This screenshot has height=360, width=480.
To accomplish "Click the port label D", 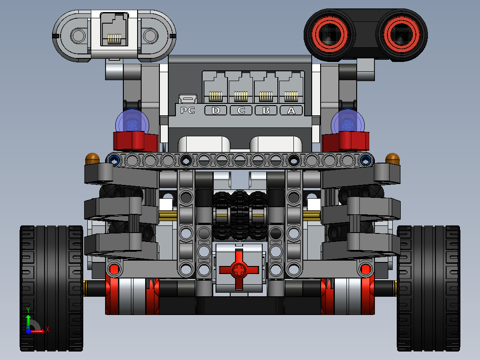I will click(x=216, y=110).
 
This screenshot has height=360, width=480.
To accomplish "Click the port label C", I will click(x=241, y=110).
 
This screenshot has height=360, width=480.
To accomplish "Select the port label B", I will click(x=266, y=110).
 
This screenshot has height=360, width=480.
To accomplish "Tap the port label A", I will click(x=291, y=110).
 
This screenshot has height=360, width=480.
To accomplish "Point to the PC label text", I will click(x=188, y=110).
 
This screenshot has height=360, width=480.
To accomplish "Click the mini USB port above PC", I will click(x=188, y=98).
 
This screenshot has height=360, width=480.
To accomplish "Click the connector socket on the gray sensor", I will click(x=114, y=31).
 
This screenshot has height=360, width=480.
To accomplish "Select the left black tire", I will click(x=51, y=287).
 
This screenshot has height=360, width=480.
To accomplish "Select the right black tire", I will click(x=428, y=287).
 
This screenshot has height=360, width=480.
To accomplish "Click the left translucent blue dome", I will click(x=132, y=122).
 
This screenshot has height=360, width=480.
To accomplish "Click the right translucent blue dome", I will click(x=348, y=122).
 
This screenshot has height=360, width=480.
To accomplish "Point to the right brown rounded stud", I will click(x=393, y=158).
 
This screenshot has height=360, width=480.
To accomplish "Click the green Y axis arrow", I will click(x=28, y=319).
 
